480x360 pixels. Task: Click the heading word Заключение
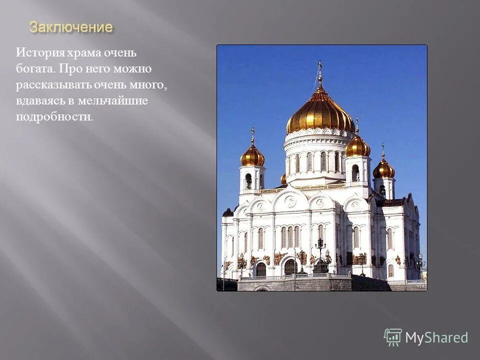[71, 27]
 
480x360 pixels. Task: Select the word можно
[131, 68]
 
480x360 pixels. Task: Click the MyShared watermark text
[436, 337]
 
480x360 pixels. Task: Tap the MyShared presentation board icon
[393, 337]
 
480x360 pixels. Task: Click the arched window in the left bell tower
[248, 180]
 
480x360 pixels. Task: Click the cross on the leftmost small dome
[252, 134]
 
